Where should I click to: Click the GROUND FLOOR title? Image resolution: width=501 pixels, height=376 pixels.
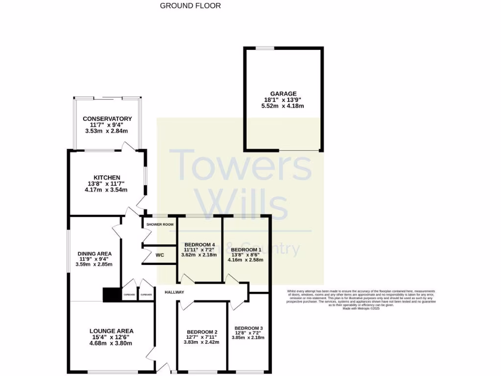pos(190,6)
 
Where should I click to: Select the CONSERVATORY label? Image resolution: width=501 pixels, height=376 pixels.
pos(107,119)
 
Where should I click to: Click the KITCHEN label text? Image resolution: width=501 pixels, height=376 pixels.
pos(107,178)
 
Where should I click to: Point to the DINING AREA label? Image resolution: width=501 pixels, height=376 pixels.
pos(94,254)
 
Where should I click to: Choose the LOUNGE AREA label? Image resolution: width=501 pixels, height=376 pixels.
pos(111,331)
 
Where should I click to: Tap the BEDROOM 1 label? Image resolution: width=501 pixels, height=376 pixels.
pos(246,249)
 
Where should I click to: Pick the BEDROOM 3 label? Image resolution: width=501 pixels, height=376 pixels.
pos(249,328)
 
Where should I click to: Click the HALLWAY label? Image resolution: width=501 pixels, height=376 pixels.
pos(174,292)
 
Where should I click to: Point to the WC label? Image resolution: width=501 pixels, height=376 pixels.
pos(159,255)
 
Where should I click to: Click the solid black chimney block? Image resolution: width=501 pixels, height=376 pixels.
pos(112,294)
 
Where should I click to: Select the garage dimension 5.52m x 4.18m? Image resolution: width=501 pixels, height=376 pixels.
pos(283,106)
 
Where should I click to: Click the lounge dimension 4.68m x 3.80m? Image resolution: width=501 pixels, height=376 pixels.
pos(111,343)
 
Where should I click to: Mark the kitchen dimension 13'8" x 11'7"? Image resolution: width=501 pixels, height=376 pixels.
pos(107,184)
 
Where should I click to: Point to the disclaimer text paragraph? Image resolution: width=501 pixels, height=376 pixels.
pos(361,299)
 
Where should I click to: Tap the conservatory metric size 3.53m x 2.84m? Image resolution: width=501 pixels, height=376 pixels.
pos(107,131)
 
